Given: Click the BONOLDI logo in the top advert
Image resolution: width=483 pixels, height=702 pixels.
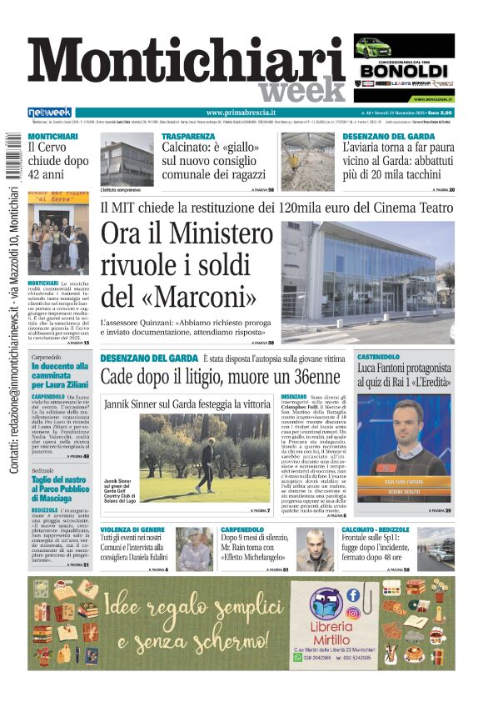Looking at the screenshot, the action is point(404,70).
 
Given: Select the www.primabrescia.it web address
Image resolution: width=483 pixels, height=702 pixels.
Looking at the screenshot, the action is point(241,112).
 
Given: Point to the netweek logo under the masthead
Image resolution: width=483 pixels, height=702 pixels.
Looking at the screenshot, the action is point(50,113).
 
